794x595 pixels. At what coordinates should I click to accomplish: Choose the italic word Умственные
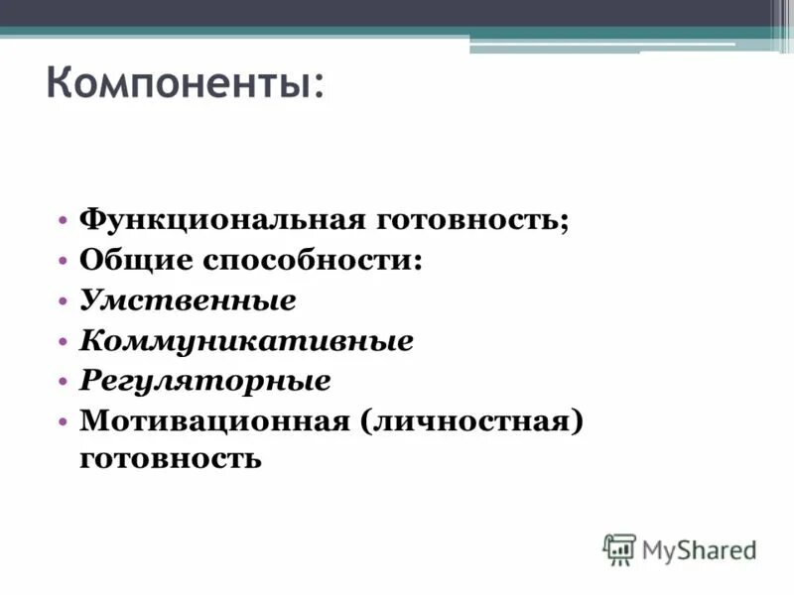click(x=188, y=299)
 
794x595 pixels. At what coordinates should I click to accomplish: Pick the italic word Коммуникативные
click(x=246, y=341)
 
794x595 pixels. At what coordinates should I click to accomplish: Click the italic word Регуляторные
click(x=204, y=381)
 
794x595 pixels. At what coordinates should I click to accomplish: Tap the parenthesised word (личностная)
click(x=469, y=421)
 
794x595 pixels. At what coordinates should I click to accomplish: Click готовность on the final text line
click(x=171, y=459)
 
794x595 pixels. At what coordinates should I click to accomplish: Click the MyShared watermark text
click(x=699, y=548)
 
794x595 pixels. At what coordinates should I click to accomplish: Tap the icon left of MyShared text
click(x=619, y=548)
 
